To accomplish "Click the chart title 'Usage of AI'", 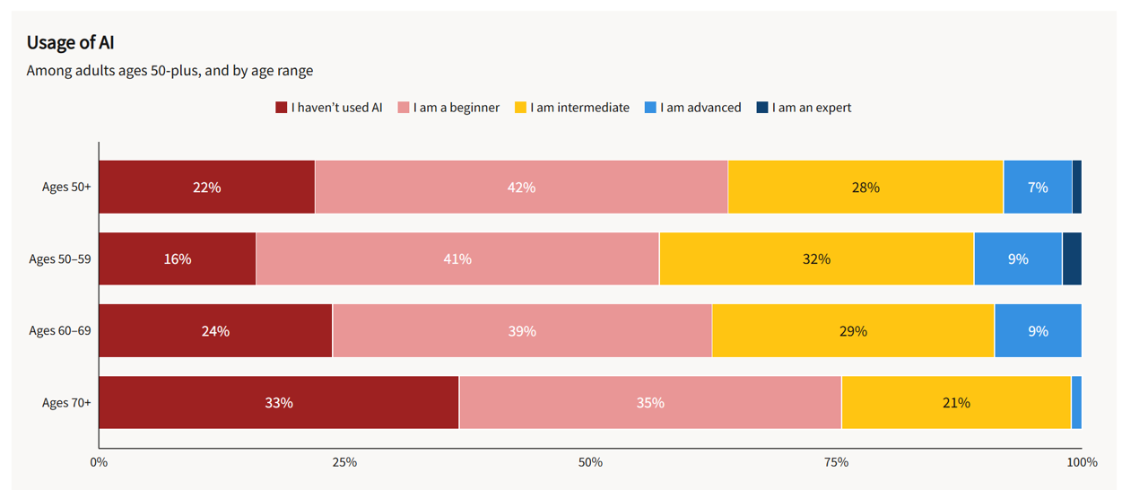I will [70, 42].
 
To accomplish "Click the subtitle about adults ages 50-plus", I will [170, 70].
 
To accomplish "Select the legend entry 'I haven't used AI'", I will [329, 108].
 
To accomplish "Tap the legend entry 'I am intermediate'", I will [572, 108].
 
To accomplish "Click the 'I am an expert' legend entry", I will [804, 108].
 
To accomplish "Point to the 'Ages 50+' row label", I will [66, 187].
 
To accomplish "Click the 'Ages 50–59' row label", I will [60, 258].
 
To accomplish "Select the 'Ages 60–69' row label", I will [60, 330].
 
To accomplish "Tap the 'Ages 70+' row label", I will [66, 403].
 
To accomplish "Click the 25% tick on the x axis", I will [344, 462].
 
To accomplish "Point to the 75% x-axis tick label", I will [836, 462].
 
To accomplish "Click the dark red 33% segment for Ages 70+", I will [279, 403].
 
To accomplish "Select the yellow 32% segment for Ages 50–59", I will [816, 258].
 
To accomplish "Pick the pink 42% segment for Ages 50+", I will [521, 187].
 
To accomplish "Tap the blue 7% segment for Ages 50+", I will [1038, 187].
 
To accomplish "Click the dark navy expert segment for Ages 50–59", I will [1072, 258].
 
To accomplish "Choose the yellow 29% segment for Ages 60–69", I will [853, 330].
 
